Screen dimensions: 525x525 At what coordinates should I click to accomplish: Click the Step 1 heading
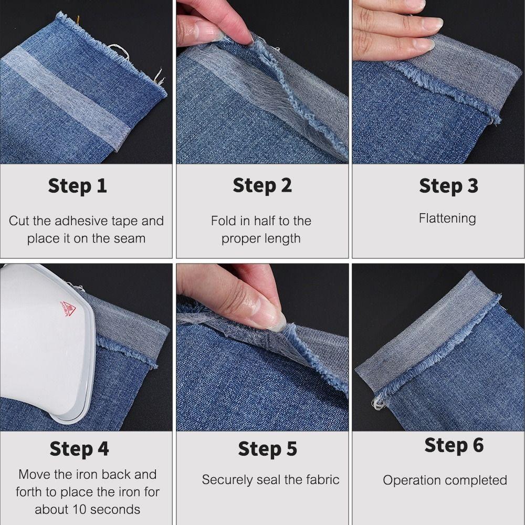click(78, 186)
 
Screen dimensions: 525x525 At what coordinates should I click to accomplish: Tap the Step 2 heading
click(262, 186)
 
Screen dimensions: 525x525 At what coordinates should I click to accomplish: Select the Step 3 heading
click(448, 186)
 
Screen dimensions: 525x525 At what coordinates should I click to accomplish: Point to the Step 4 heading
click(79, 449)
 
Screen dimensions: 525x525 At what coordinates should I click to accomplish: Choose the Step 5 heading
click(267, 449)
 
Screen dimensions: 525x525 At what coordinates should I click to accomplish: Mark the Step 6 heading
click(454, 445)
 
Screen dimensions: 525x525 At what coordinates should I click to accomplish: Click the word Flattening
click(447, 218)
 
